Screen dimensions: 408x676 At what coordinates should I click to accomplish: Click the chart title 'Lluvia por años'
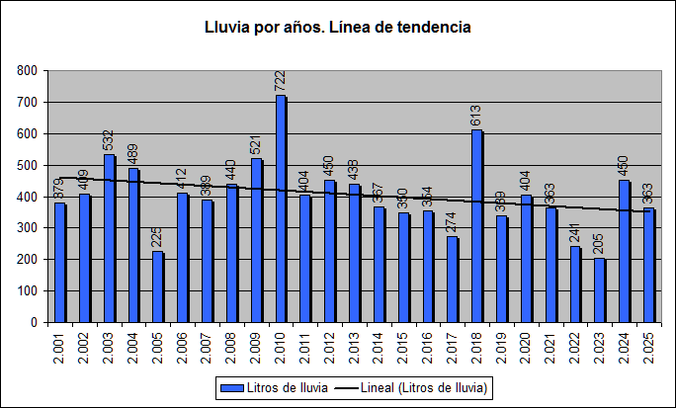click(337, 28)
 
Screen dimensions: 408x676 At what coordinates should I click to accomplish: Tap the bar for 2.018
click(477, 226)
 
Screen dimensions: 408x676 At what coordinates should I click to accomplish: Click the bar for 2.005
click(158, 286)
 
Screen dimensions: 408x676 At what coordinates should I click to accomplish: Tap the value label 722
click(280, 82)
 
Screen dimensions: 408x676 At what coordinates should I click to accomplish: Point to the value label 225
click(157, 238)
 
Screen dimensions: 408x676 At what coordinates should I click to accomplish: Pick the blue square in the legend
click(230, 388)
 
